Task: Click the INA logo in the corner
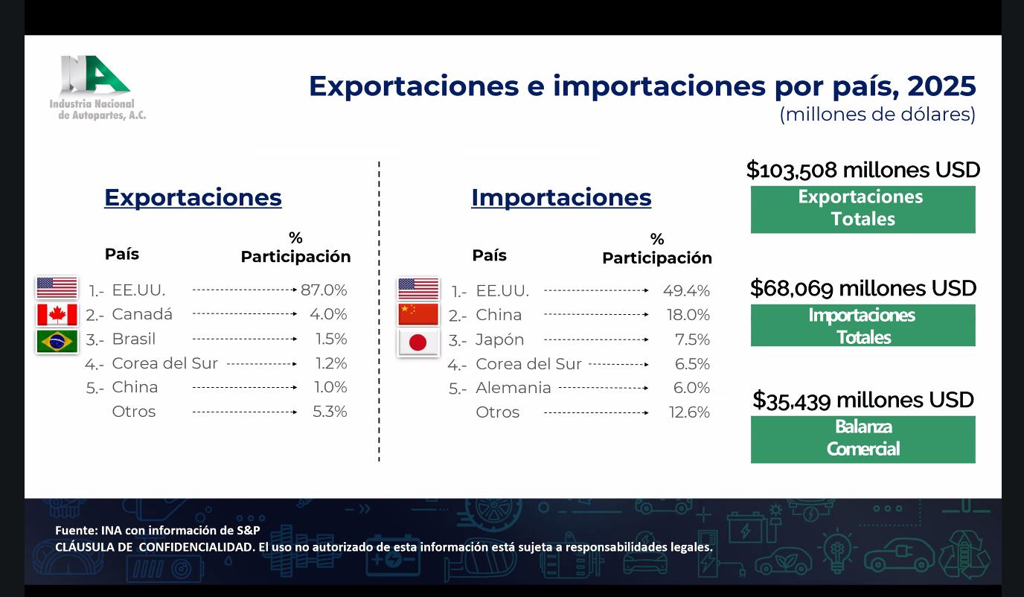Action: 97,88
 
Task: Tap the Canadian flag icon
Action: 57,314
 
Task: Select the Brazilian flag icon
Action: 57,341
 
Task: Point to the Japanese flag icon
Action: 417,342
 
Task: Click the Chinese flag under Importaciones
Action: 417,314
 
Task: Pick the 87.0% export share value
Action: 324,290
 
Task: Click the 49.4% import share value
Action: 686,291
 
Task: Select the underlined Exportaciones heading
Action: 193,198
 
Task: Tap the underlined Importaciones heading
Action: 561,198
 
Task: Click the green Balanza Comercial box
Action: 863,439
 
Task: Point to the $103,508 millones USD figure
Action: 863,170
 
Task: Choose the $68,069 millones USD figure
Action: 863,288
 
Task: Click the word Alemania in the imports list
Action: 513,388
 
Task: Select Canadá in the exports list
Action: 142,314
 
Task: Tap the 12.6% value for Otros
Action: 689,412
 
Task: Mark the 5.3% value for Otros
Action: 330,412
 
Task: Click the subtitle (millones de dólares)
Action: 877,115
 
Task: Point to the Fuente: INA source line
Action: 158,530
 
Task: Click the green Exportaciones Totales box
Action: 863,209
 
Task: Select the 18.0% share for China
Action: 688,315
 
